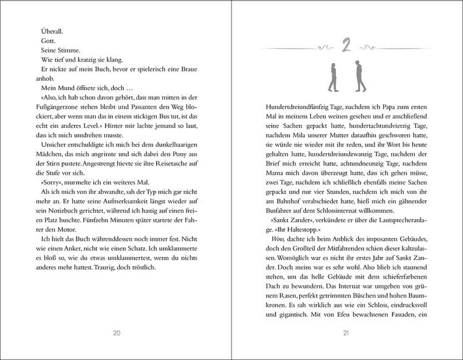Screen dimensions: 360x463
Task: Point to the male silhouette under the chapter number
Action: click(359, 75)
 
